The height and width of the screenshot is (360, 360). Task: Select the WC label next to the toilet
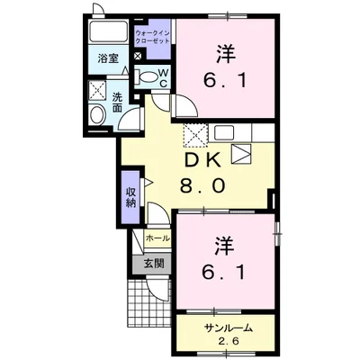(165, 77)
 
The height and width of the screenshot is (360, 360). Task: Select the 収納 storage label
(131, 196)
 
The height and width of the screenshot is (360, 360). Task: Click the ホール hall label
(157, 238)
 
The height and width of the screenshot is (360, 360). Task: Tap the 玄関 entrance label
(154, 264)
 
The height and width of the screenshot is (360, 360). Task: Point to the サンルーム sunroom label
(227, 328)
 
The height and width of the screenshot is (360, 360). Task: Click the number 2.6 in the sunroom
(227, 341)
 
